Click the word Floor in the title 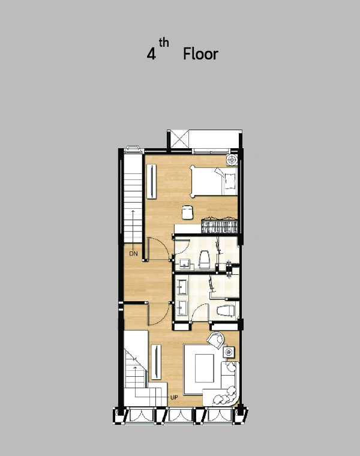coord(200,54)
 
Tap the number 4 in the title coord(151,54)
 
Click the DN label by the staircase coord(133,254)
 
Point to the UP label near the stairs coord(174,397)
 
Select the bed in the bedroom coord(214,181)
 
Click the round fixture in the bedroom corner coord(232,160)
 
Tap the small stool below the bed coord(188,212)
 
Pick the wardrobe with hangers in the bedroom coord(220,226)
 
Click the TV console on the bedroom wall coord(152,181)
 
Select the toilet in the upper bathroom coord(205,259)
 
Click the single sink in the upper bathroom coord(184,265)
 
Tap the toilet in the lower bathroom coord(226,311)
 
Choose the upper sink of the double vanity coord(182,287)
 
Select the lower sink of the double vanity coord(182,308)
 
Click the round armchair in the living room coord(216,340)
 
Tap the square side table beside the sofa coord(229,352)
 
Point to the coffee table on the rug coord(205,368)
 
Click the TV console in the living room coord(156,362)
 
